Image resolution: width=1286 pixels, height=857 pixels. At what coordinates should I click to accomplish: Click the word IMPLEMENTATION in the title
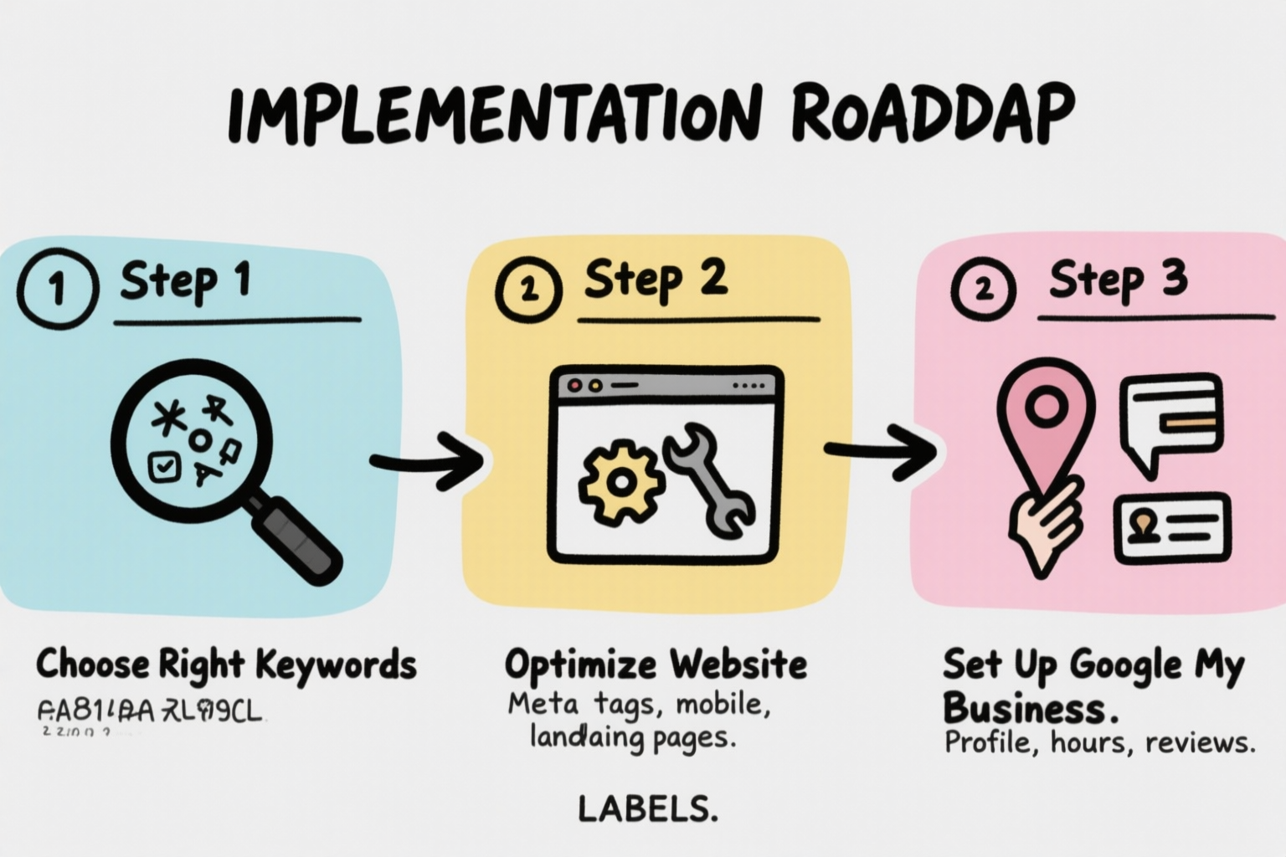click(x=495, y=116)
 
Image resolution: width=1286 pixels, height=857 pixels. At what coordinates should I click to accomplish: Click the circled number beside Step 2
click(x=528, y=290)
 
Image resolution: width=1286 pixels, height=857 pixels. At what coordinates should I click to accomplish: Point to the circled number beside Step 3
click(x=983, y=290)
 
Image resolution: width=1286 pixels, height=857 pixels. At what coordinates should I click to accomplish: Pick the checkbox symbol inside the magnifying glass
click(x=164, y=466)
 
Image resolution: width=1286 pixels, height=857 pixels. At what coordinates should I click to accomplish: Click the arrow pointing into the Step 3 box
click(x=880, y=451)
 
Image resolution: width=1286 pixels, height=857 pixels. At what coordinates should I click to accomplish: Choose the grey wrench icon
click(x=710, y=478)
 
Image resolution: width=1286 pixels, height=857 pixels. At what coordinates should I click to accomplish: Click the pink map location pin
click(x=1045, y=423)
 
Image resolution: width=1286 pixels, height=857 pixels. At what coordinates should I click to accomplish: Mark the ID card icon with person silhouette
click(x=1171, y=527)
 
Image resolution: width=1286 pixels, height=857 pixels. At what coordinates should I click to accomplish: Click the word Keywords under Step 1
click(x=335, y=665)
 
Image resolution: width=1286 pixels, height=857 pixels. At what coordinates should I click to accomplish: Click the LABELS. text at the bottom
click(x=647, y=808)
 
